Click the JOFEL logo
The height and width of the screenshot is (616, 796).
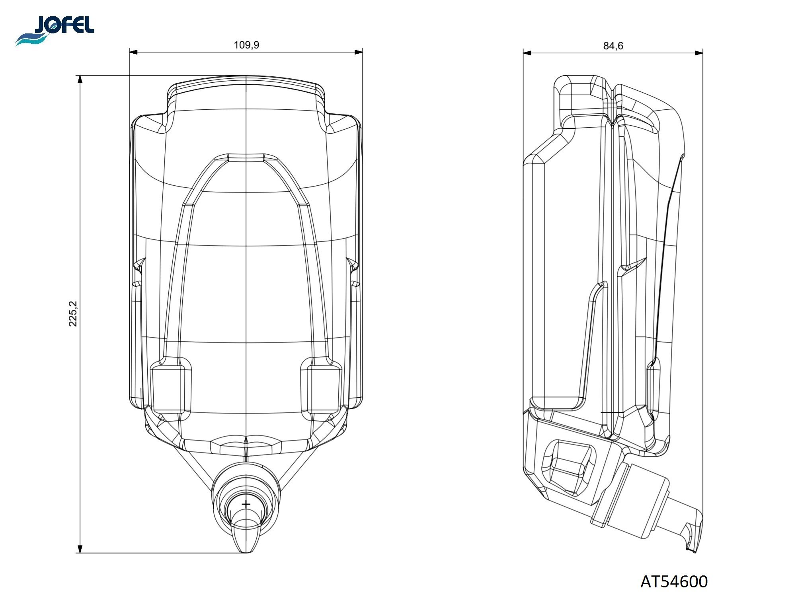pos(55,30)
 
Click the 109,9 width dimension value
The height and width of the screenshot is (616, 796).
pos(246,45)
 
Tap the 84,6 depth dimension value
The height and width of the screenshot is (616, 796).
pos(613,46)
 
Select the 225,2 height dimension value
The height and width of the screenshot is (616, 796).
pos(74,314)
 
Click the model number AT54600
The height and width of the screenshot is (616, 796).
pos(674,582)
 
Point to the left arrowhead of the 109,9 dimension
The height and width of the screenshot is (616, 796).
pos(134,52)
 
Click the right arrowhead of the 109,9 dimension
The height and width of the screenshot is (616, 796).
pos(359,52)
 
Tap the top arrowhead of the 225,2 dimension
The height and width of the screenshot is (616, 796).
pos(80,80)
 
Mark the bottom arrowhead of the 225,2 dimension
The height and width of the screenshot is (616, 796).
pos(80,548)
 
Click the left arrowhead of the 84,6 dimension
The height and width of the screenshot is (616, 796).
pos(527,52)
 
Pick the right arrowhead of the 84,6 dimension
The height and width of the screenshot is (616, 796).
pos(698,52)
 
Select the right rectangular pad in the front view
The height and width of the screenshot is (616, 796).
pos(321,388)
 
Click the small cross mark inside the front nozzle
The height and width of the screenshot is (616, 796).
pos(246,504)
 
